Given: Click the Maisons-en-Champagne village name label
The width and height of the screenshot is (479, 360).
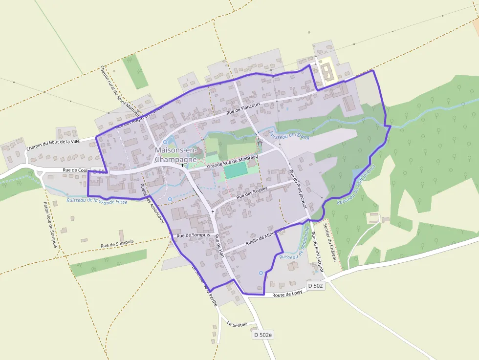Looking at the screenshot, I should (175, 155).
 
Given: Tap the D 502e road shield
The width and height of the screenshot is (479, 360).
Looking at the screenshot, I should (263, 335).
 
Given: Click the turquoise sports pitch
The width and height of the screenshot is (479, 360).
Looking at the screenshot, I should (236, 170).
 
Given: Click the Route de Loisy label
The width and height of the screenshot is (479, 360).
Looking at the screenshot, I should (287, 293).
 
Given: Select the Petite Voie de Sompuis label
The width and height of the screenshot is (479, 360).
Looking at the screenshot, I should (50, 225).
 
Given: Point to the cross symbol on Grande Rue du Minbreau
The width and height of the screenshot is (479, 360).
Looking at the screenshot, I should (182, 165).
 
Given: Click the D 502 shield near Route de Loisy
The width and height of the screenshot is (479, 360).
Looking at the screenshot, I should (315, 285).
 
